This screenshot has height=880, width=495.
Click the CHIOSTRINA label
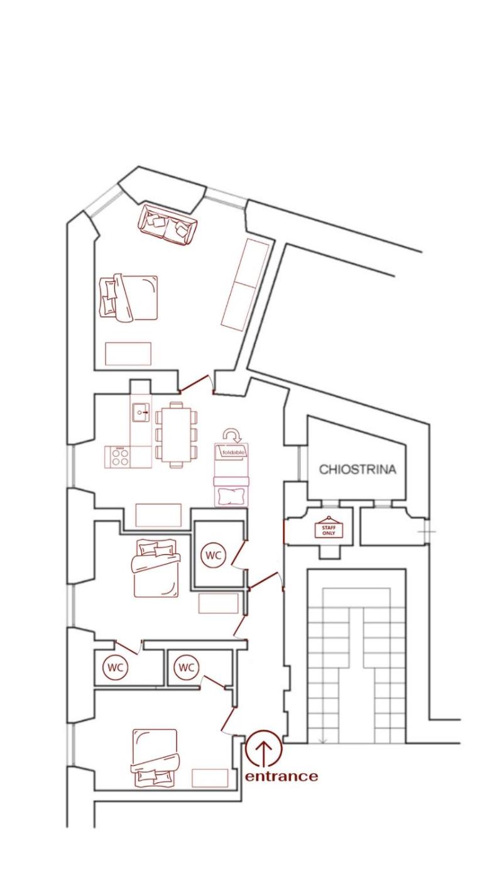click(x=357, y=470)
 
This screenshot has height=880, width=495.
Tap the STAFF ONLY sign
click(x=329, y=529)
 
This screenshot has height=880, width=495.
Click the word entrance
click(x=281, y=776)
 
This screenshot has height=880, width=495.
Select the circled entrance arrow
click(x=264, y=749)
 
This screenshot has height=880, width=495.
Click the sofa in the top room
click(x=168, y=225)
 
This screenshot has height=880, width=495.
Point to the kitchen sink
click(x=141, y=412)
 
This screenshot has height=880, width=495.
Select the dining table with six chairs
click(x=176, y=434)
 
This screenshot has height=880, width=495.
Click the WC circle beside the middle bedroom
click(x=214, y=556)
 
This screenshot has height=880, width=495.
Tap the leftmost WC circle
click(x=115, y=667)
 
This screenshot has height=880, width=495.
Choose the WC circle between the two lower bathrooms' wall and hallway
click(x=187, y=667)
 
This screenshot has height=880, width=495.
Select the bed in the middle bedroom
click(x=155, y=568)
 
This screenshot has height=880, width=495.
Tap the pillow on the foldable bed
click(x=231, y=496)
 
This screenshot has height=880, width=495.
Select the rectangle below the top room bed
click(x=128, y=353)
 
